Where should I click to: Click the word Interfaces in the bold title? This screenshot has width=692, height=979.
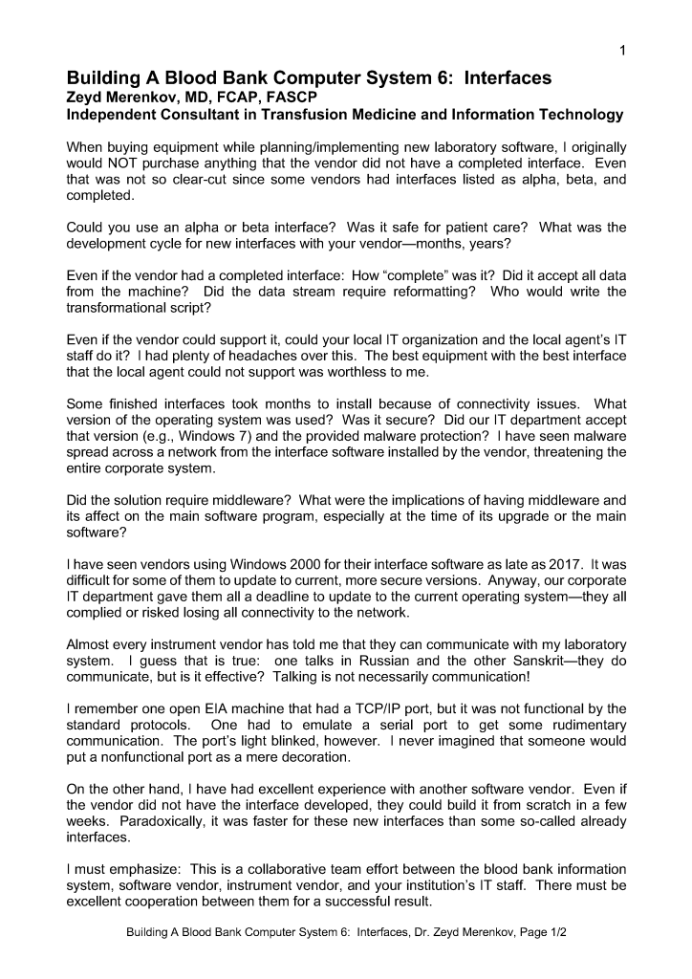(508, 78)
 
